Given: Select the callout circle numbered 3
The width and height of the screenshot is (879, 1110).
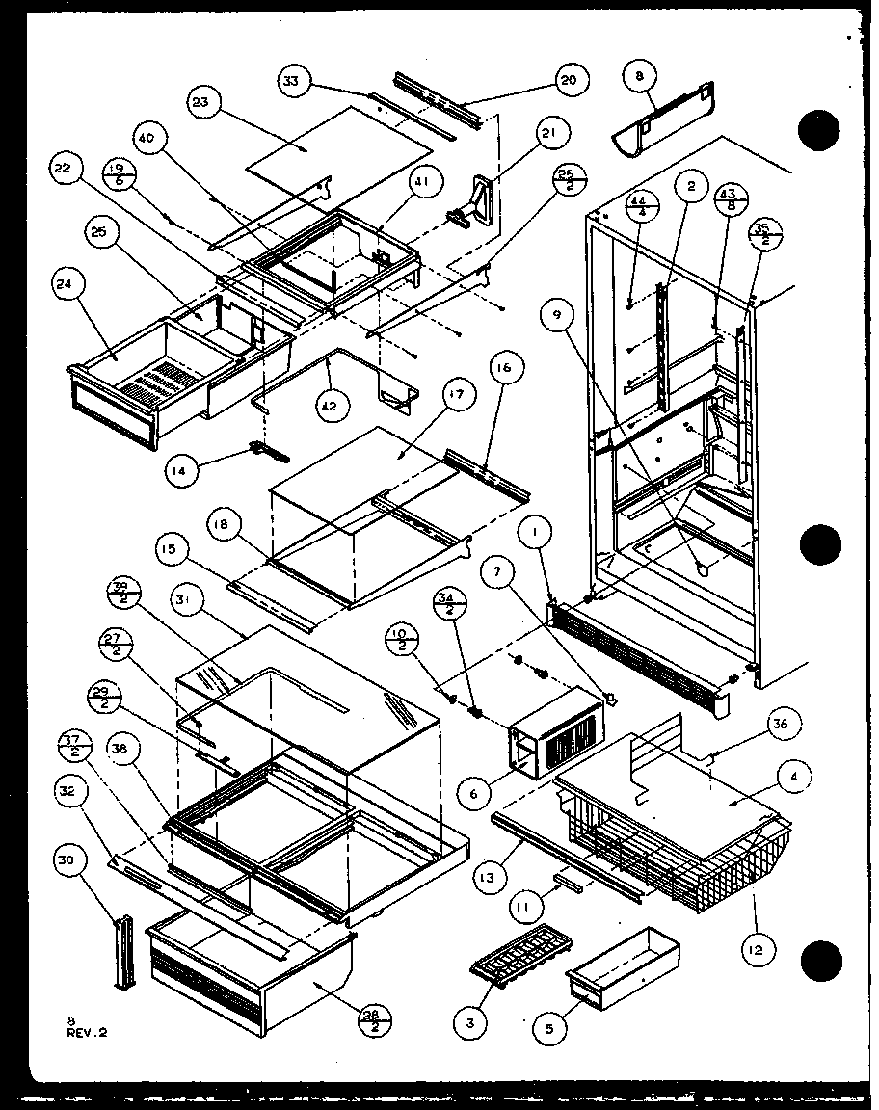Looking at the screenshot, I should point(470,1023).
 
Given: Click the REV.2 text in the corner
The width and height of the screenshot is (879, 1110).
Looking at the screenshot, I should point(88,1031).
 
